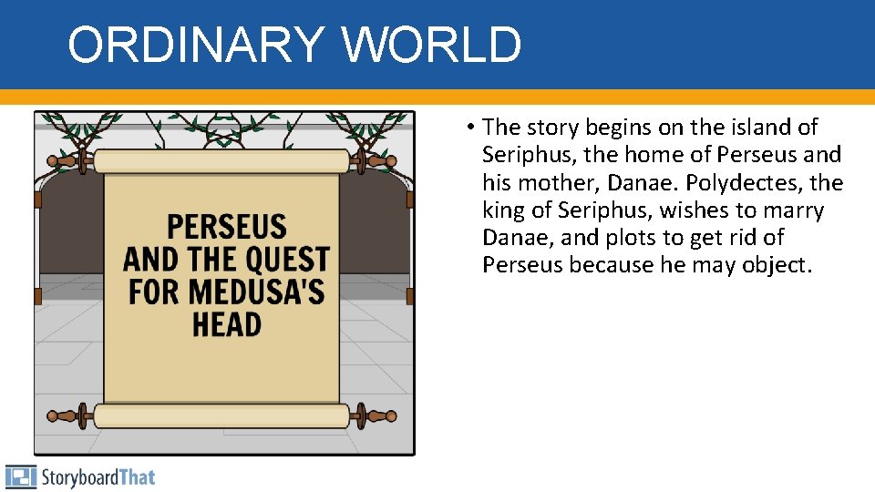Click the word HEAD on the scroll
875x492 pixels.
(227, 324)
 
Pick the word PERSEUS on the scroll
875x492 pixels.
(227, 227)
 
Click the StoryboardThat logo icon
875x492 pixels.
(20, 477)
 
